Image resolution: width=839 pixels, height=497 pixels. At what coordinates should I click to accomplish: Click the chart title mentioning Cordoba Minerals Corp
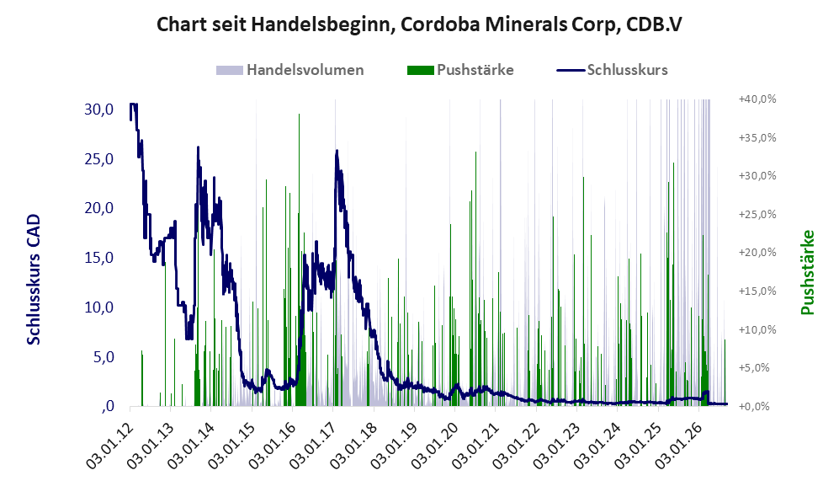tap(419, 24)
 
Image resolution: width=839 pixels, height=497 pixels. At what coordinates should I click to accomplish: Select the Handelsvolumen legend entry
tap(290, 70)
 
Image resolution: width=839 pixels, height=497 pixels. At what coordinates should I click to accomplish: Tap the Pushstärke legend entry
tap(460, 70)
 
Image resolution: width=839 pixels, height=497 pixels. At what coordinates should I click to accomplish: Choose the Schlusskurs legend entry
tap(612, 70)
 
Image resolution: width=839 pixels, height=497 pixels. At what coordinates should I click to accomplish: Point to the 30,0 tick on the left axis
tap(99, 110)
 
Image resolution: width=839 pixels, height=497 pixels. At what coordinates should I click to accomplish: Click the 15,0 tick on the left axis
tap(99, 258)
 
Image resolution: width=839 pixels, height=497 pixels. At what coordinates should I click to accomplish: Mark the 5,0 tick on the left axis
tap(104, 356)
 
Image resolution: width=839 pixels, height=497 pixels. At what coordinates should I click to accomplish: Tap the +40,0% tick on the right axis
tap(757, 99)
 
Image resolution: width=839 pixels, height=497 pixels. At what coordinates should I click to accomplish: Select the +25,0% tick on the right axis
tap(757, 214)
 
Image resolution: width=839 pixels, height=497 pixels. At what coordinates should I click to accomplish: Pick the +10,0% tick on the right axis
tap(757, 329)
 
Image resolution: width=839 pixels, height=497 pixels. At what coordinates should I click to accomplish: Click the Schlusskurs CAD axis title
tap(34, 279)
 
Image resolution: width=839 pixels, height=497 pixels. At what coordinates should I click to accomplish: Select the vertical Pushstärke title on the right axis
tap(807, 272)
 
